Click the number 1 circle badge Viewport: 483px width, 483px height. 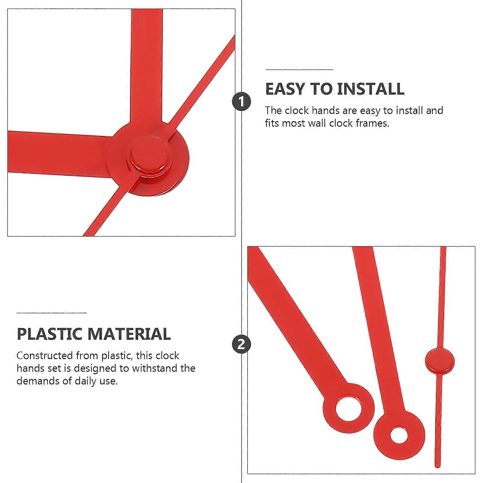(x=241, y=101)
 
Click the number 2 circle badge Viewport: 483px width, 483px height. (x=241, y=344)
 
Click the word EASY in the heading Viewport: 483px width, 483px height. (x=285, y=89)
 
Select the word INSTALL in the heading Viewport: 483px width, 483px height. (x=370, y=89)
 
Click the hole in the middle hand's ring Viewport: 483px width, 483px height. (x=399, y=435)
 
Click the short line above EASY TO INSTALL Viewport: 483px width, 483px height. (x=299, y=69)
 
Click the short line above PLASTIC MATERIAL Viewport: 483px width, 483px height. (x=51, y=313)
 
